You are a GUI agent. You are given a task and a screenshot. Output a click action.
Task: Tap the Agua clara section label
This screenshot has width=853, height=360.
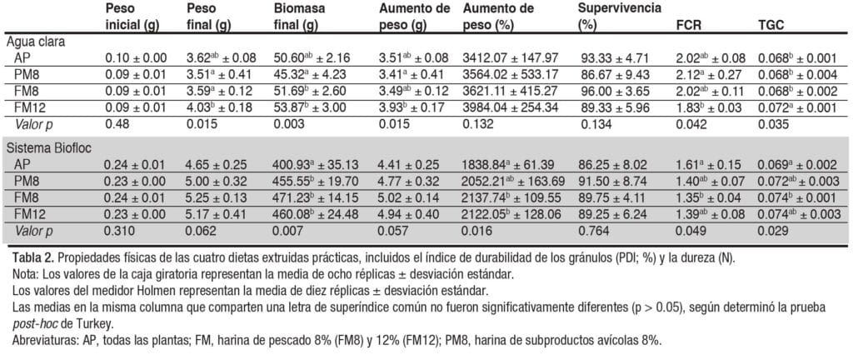(37, 40)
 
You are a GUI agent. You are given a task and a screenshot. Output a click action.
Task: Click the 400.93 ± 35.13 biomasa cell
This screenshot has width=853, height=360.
(313, 164)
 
